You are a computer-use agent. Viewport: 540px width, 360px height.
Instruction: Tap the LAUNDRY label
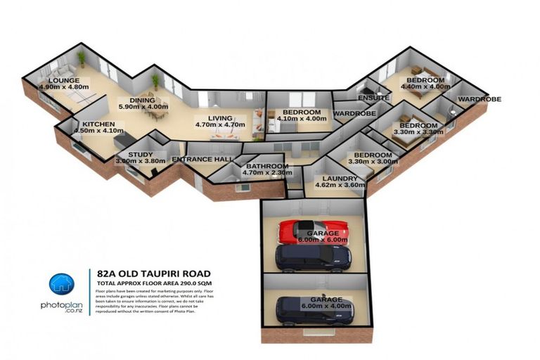tap(340, 179)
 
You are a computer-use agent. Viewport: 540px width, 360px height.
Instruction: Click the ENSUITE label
tap(373, 98)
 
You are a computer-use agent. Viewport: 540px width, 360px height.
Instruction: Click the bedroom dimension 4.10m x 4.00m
tap(302, 119)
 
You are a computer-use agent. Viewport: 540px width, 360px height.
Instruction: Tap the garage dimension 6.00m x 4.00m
tap(326, 307)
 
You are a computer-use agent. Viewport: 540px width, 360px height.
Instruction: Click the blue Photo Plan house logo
tap(61, 283)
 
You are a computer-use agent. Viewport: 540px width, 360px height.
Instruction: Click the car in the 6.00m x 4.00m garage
tap(314, 311)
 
